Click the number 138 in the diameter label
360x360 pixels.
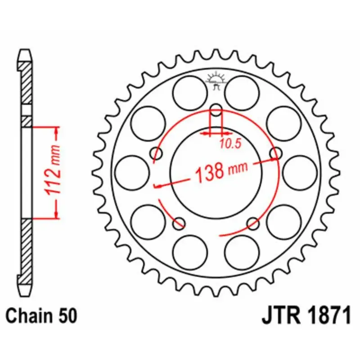[210, 172]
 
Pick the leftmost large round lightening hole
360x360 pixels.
[132, 173]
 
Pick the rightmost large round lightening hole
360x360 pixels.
[300, 173]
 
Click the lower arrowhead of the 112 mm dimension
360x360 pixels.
[57, 214]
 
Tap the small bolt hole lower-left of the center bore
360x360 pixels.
[179, 222]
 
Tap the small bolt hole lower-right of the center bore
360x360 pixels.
[253, 222]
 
